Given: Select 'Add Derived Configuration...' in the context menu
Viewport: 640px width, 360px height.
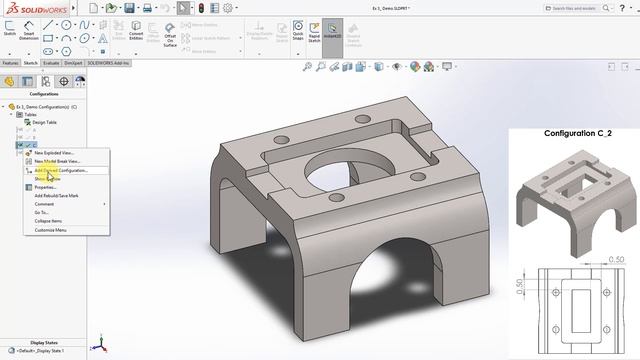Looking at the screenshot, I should point(63,170).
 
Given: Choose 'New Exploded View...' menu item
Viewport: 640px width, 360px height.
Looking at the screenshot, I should point(54,153).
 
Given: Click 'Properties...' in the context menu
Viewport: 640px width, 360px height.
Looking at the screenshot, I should point(46,187).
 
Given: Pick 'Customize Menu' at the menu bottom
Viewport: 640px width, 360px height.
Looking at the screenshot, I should point(51,230).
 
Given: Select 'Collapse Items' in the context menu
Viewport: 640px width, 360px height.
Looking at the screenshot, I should point(49,221).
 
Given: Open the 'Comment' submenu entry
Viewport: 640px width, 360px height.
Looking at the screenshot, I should point(44,204).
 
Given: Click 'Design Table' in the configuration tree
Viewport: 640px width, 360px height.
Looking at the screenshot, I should point(45,122).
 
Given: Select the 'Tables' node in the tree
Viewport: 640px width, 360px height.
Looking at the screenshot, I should point(31,114).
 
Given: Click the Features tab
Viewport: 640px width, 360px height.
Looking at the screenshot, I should point(10,62).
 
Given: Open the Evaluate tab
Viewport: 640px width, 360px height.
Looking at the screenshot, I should point(52,62).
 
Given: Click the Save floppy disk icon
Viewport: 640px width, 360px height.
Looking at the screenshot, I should point(147,7).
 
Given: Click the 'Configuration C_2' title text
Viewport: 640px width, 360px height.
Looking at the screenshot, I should point(577,133).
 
